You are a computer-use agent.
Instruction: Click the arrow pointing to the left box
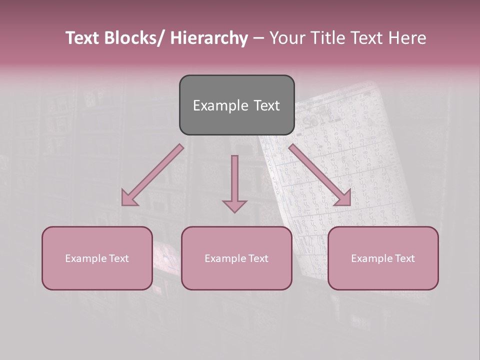coord(152,175)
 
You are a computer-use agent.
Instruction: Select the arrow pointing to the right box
coord(320,175)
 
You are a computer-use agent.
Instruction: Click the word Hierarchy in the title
coord(209,38)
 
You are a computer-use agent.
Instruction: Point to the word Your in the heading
coord(287,38)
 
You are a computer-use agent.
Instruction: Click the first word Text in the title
coord(81,38)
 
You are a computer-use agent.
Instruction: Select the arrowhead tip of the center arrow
coord(234,212)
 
